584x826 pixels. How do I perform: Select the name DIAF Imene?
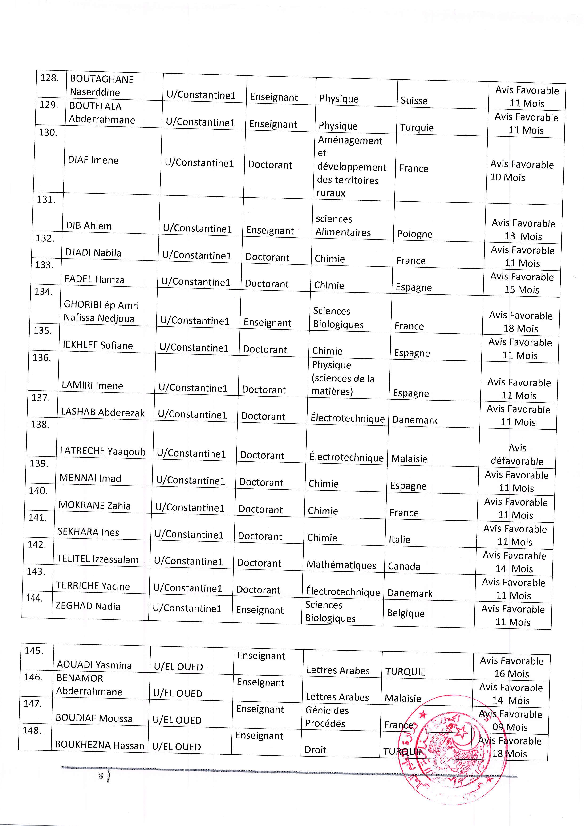click(93, 160)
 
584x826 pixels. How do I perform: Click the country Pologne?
click(414, 234)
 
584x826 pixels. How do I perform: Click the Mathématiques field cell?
click(341, 565)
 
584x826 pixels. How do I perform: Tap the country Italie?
click(399, 539)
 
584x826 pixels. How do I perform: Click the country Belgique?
click(406, 613)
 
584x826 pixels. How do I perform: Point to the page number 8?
click(101, 776)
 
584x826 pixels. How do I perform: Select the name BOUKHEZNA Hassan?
click(99, 745)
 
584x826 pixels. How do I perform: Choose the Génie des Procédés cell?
click(327, 717)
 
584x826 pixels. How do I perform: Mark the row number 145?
click(34, 650)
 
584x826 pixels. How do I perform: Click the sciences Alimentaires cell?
click(343, 226)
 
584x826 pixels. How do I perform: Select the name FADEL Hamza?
click(94, 279)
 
